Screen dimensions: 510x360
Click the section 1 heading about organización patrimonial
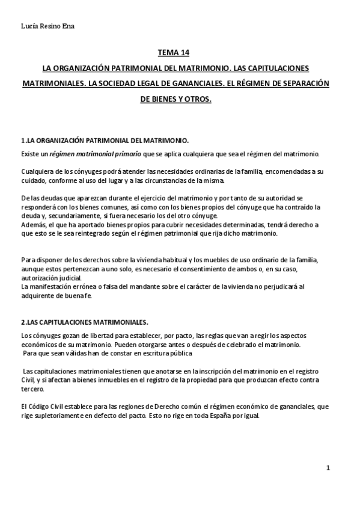tap(105, 141)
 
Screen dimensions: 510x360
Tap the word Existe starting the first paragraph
tap(30, 153)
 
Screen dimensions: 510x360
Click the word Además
tap(34, 225)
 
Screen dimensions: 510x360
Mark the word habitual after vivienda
tap(177, 259)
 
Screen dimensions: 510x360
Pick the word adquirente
tap(39, 296)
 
